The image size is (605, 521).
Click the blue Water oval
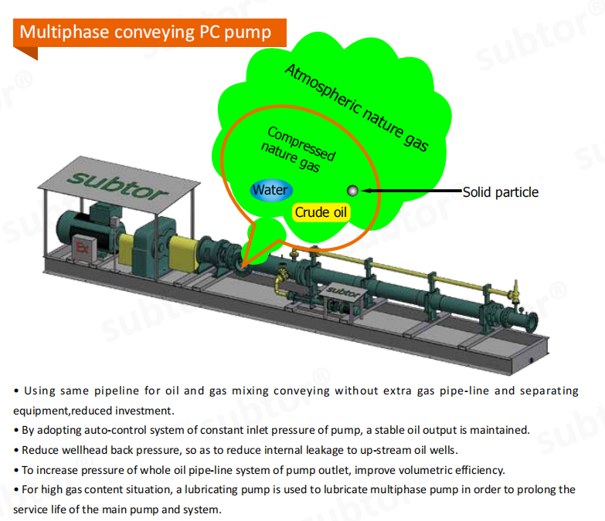(x=271, y=191)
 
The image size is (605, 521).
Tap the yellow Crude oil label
(x=321, y=212)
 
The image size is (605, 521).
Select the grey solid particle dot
(x=352, y=191)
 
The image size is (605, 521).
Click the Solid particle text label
(x=501, y=192)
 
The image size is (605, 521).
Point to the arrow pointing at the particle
(x=412, y=191)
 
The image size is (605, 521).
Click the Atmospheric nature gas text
(x=356, y=108)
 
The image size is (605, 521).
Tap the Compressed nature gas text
(x=298, y=150)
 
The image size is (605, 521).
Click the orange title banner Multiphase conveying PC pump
(x=150, y=32)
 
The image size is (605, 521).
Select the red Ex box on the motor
(x=82, y=248)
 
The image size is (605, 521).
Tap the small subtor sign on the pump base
(x=343, y=292)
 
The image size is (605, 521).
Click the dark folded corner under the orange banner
(x=28, y=52)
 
